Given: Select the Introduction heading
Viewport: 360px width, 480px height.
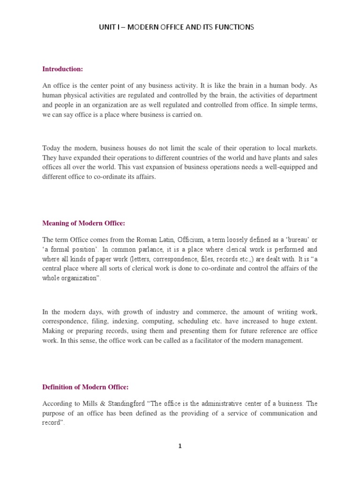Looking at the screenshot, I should (x=62, y=69).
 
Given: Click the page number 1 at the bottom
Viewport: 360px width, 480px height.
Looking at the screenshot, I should (x=180, y=446).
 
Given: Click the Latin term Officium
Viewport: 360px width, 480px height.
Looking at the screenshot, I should (x=190, y=240).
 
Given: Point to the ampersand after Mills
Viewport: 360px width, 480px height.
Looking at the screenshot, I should (x=88, y=403).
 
